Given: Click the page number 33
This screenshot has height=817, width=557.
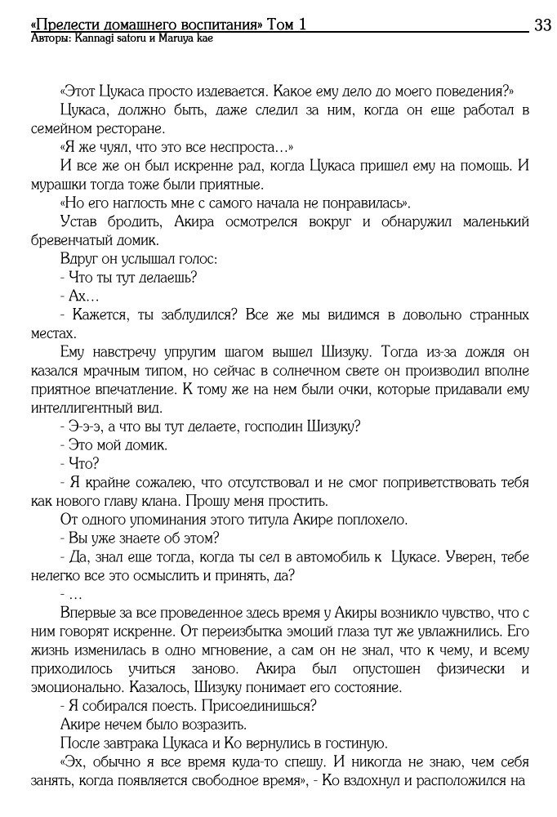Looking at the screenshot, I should (x=542, y=25).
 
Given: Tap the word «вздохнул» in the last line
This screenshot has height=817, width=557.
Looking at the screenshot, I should (x=382, y=780).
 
